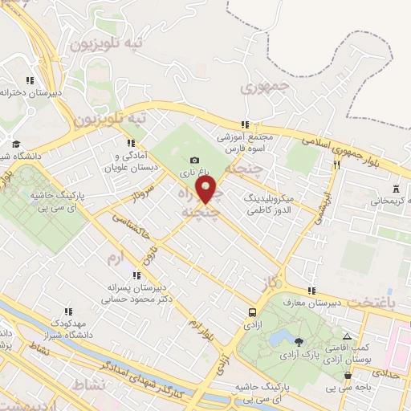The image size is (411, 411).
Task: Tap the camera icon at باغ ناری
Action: (x=195, y=161)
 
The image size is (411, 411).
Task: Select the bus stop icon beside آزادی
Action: (x=253, y=312)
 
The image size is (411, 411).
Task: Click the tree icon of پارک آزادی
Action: (x=299, y=341)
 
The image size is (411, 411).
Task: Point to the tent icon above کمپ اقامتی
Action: (x=347, y=336)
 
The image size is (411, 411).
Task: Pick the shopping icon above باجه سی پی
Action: (x=347, y=375)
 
